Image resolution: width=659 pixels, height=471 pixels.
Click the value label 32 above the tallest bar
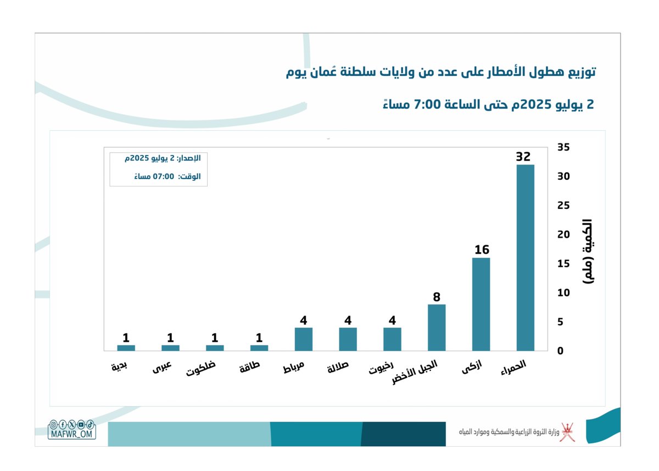coord(523,157)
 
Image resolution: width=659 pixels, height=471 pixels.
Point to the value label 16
coord(482,250)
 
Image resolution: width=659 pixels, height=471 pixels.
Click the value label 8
coord(437,297)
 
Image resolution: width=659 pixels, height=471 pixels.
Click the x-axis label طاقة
coord(249,368)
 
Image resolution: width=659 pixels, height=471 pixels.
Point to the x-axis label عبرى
coord(162,367)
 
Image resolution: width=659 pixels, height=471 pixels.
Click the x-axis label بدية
coord(119,367)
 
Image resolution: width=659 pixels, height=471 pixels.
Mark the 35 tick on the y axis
coord(563,147)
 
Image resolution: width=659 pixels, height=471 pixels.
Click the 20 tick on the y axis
coord(563,235)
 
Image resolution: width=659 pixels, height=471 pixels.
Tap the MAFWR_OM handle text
coord(72,434)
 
